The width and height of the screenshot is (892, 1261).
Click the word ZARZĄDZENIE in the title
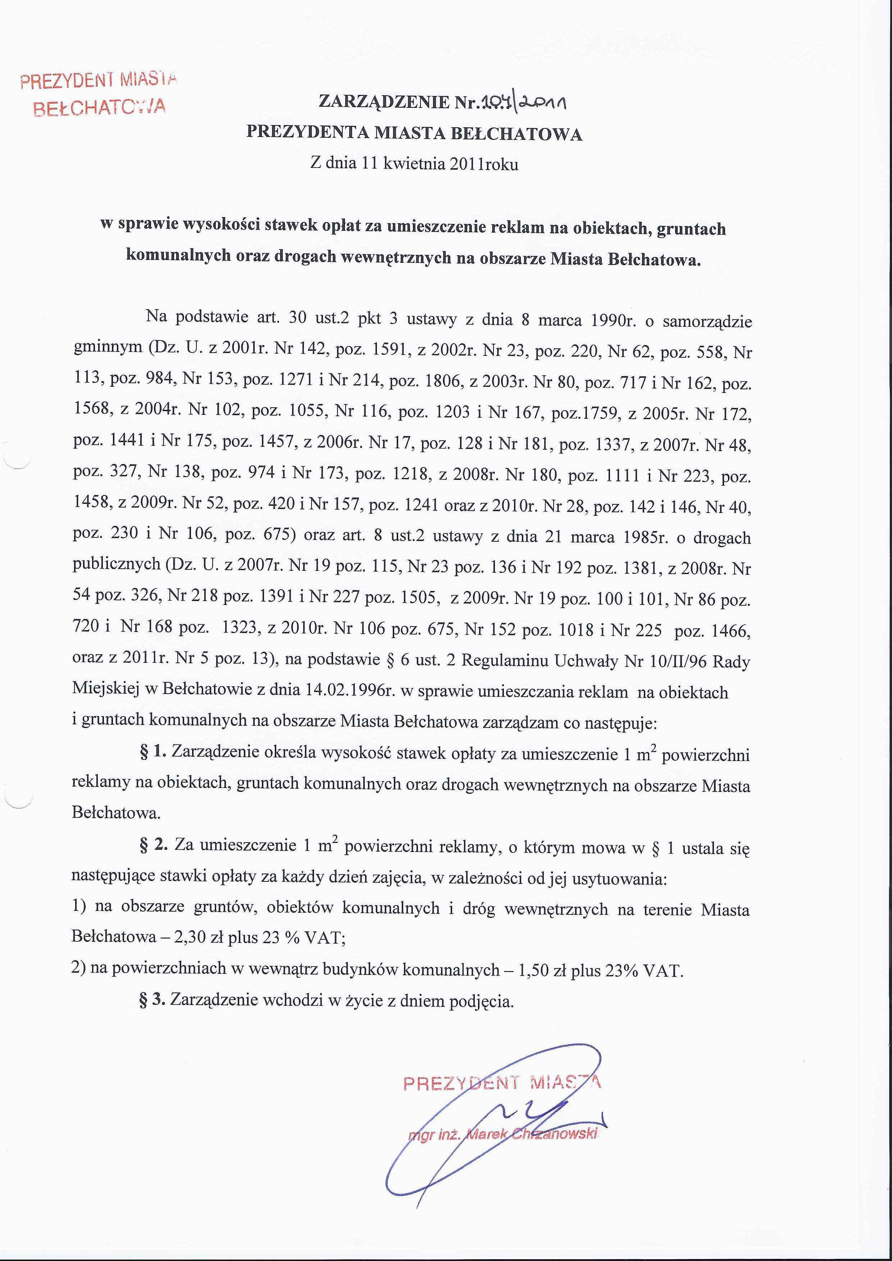point(383,102)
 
